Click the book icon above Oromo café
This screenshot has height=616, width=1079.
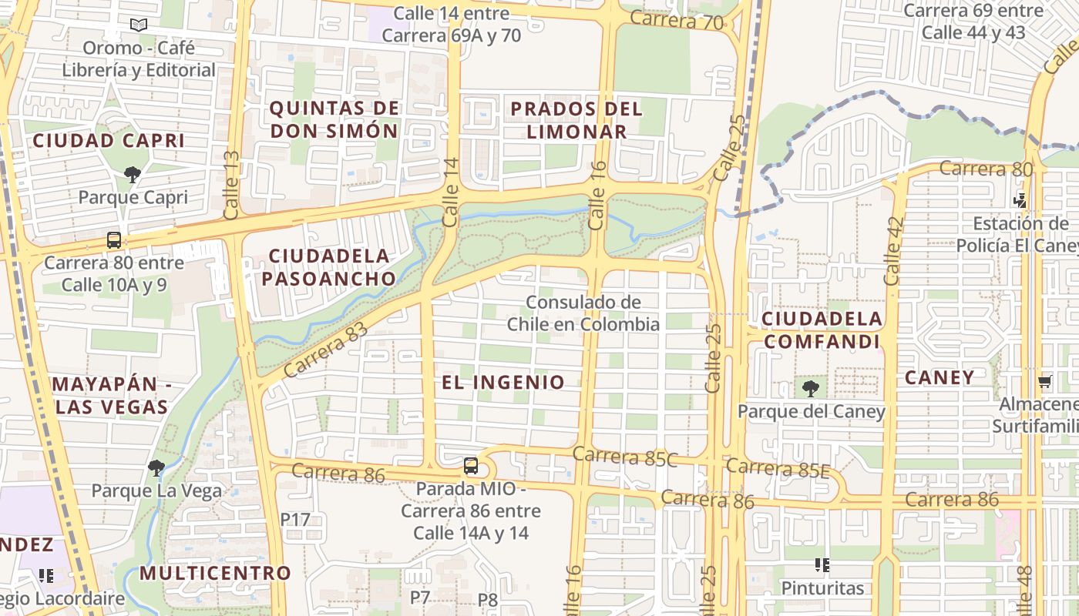pos(138,25)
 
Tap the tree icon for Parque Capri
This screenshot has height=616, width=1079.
pos(133,175)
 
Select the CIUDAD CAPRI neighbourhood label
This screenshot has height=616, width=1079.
pos(109,141)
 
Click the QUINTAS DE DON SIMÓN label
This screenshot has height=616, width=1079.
pos(334,119)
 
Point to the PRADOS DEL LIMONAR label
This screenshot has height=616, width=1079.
pos(576,119)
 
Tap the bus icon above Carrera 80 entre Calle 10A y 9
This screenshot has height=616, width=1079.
pos(114,240)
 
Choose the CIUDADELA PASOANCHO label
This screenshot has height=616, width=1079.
pos(329,266)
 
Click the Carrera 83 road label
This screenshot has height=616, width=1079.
pos(325,350)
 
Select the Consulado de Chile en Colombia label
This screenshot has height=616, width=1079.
pos(583,313)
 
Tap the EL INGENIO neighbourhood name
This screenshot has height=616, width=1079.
pos(503,382)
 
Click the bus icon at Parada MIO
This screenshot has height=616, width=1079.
pos(471,466)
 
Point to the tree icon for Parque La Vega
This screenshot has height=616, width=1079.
pos(156,467)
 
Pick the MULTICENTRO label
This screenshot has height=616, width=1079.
pos(215,573)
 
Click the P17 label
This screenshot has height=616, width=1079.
pos(295,519)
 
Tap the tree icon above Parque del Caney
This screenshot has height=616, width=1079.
pos(810,388)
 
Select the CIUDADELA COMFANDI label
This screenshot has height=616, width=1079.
pos(822,330)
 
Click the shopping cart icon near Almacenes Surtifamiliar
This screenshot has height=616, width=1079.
pos(1045,381)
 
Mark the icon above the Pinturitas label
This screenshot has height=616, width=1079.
pos(822,566)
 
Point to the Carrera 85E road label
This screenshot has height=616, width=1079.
pos(778,468)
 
